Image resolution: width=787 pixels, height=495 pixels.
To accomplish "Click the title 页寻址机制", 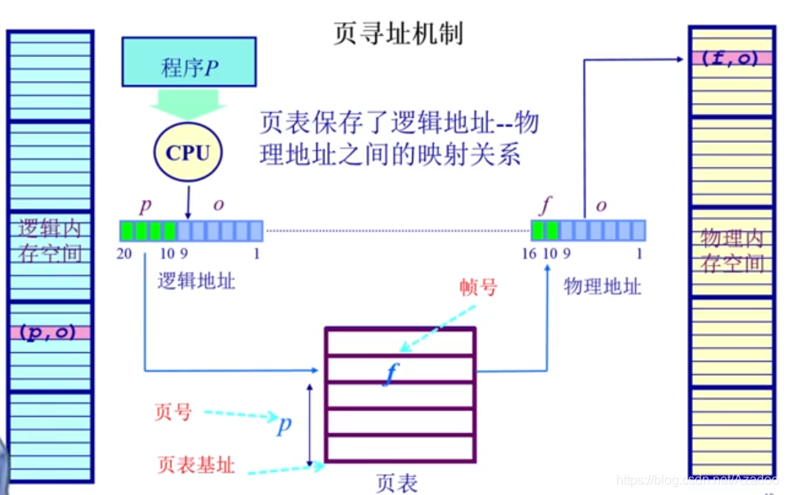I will (x=398, y=33).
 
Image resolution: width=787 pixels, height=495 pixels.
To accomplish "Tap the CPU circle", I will (x=188, y=153).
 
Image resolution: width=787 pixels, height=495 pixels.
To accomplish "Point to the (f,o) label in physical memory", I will (x=731, y=58).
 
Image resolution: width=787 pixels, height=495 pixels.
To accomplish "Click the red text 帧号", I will (x=478, y=287).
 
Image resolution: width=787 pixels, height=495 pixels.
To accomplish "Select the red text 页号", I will (x=172, y=412).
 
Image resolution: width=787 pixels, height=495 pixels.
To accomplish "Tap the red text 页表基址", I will (x=196, y=466).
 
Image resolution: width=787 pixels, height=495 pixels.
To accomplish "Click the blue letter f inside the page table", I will (x=391, y=372).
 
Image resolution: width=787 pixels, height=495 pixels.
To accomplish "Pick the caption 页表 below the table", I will (x=397, y=483).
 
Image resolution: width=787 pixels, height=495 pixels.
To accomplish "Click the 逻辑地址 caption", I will (x=196, y=282).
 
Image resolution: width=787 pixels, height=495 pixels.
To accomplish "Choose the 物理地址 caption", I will (x=602, y=286).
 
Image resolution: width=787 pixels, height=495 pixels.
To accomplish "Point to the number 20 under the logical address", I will (x=124, y=254).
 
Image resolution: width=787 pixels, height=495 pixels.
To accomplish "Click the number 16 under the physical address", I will (x=529, y=254).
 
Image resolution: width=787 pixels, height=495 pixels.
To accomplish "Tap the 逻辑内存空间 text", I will (x=51, y=240).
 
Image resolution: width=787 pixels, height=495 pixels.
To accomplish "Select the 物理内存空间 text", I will (x=731, y=251).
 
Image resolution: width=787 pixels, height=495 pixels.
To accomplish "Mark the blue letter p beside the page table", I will (x=284, y=426).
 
